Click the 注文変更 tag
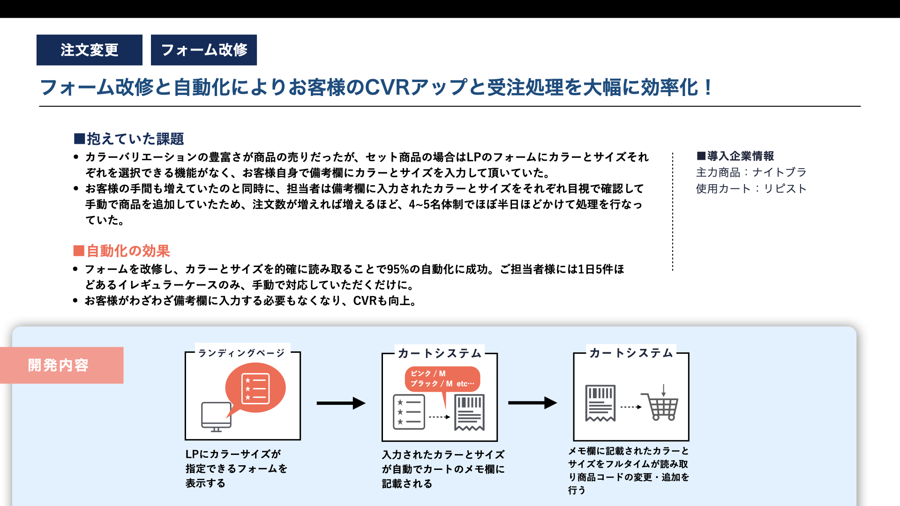click(90, 50)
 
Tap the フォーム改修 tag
click(204, 50)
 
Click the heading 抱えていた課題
click(129, 139)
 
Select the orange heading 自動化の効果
click(121, 251)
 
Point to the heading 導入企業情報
click(735, 156)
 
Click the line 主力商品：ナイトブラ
click(751, 172)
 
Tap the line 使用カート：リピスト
click(751, 189)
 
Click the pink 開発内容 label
click(59, 365)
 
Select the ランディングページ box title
click(241, 353)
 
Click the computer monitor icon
click(216, 417)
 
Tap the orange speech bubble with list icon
click(255, 388)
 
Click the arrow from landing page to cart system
click(341, 403)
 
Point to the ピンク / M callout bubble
click(442, 379)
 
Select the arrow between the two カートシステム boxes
click(532, 402)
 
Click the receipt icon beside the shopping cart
click(600, 403)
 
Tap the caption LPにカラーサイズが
click(233, 454)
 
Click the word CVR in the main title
click(387, 88)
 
